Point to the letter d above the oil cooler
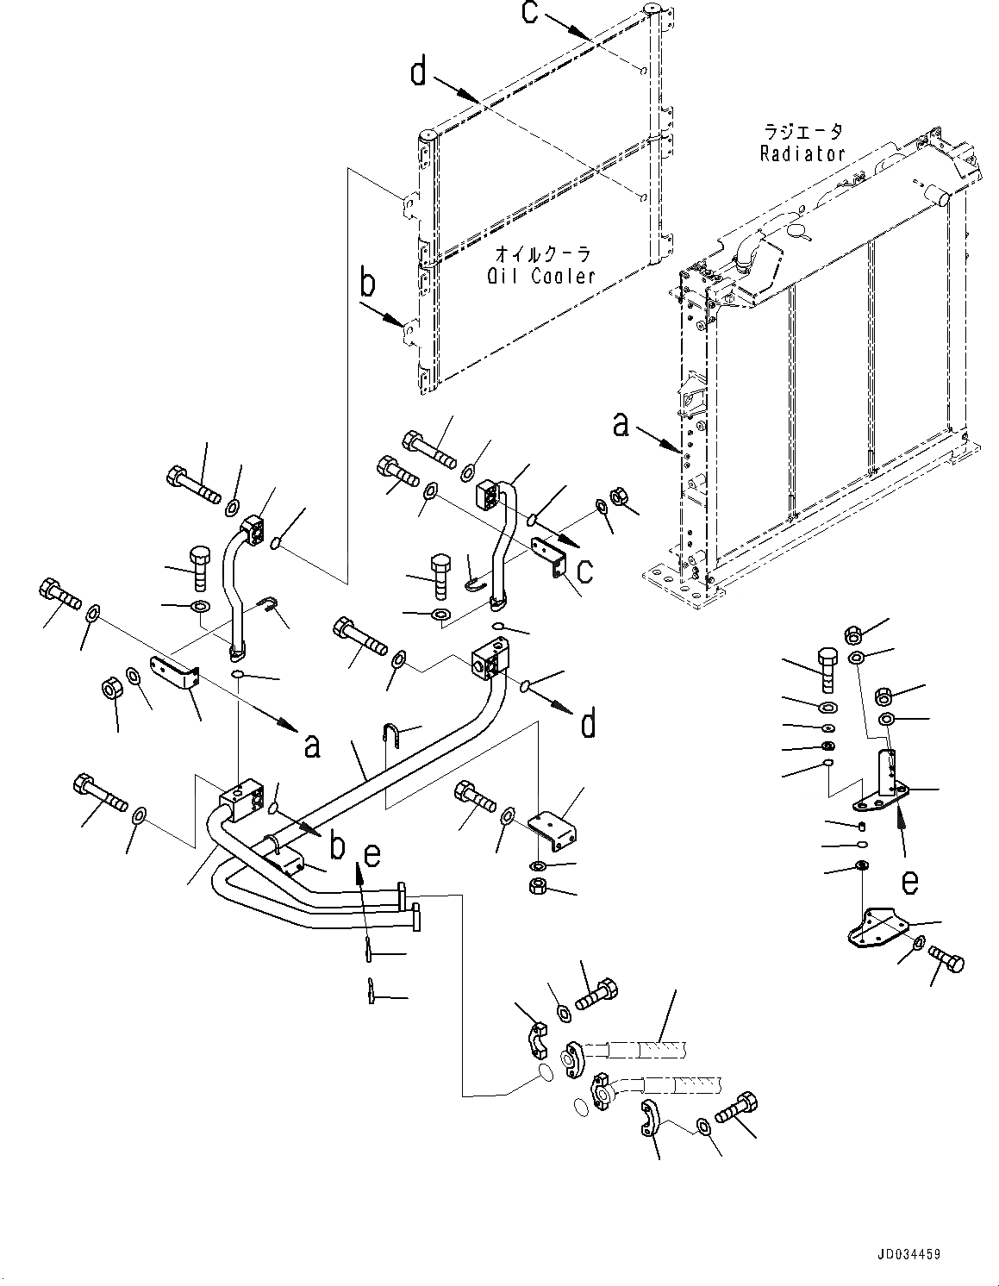[418, 72]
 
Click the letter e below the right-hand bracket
[909, 881]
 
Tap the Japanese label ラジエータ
[802, 132]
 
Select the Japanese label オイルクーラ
[542, 254]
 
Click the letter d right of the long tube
[588, 724]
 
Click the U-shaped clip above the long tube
[390, 737]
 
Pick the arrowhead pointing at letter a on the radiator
[678, 449]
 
